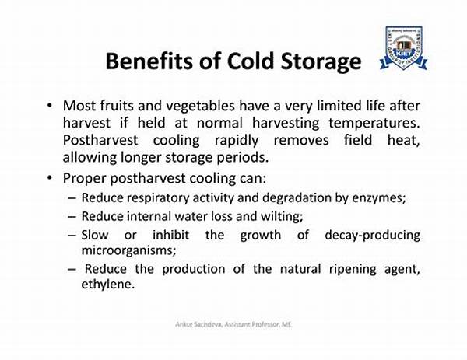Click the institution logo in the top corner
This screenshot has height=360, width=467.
403,48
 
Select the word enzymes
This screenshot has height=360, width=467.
381,197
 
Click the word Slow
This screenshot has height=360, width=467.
94,234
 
